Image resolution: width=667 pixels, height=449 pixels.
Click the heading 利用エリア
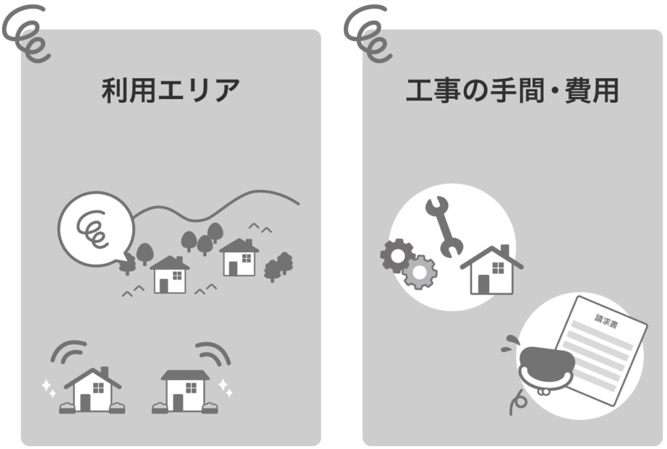(x=171, y=90)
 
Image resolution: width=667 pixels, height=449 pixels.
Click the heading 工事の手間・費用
(x=512, y=90)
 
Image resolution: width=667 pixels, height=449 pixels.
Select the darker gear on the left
(x=397, y=255)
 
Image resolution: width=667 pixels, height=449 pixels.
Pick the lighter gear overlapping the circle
(x=419, y=272)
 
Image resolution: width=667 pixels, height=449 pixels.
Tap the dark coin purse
(x=547, y=369)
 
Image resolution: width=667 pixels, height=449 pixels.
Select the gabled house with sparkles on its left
(x=92, y=390)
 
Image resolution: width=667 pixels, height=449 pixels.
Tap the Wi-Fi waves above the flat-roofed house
(x=214, y=353)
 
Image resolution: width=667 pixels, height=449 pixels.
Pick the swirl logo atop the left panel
(x=26, y=33)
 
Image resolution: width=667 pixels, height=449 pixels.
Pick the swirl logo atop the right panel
(x=368, y=33)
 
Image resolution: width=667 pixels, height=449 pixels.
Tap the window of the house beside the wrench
(x=498, y=268)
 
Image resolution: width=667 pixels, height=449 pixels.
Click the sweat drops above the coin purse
(x=509, y=344)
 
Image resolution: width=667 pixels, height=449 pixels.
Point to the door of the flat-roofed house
(x=178, y=403)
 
